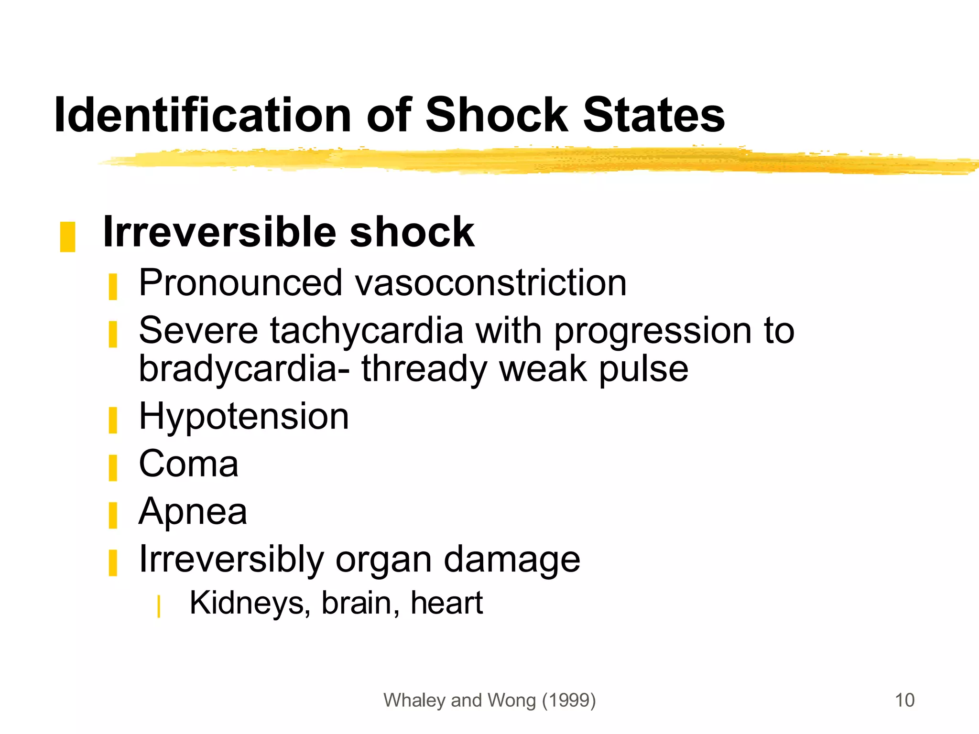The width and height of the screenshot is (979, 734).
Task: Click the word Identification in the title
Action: [203, 115]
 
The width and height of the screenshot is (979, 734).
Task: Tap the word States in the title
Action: [653, 115]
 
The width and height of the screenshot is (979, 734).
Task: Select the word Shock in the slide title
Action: [496, 115]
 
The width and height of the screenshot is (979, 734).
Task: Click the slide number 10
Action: [904, 700]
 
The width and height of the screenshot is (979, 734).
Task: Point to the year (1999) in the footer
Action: [569, 700]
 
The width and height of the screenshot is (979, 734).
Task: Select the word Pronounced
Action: [240, 282]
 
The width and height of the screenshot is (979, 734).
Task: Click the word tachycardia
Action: [367, 330]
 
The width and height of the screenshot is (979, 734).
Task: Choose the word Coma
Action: [188, 464]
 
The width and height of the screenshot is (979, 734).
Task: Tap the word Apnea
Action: [193, 511]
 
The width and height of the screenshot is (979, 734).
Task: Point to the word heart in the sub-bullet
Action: [446, 603]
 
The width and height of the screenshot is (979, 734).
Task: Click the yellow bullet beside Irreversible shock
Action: [67, 237]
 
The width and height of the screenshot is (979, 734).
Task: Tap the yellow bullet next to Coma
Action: [113, 467]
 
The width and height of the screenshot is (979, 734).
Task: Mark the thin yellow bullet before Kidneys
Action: [158, 606]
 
